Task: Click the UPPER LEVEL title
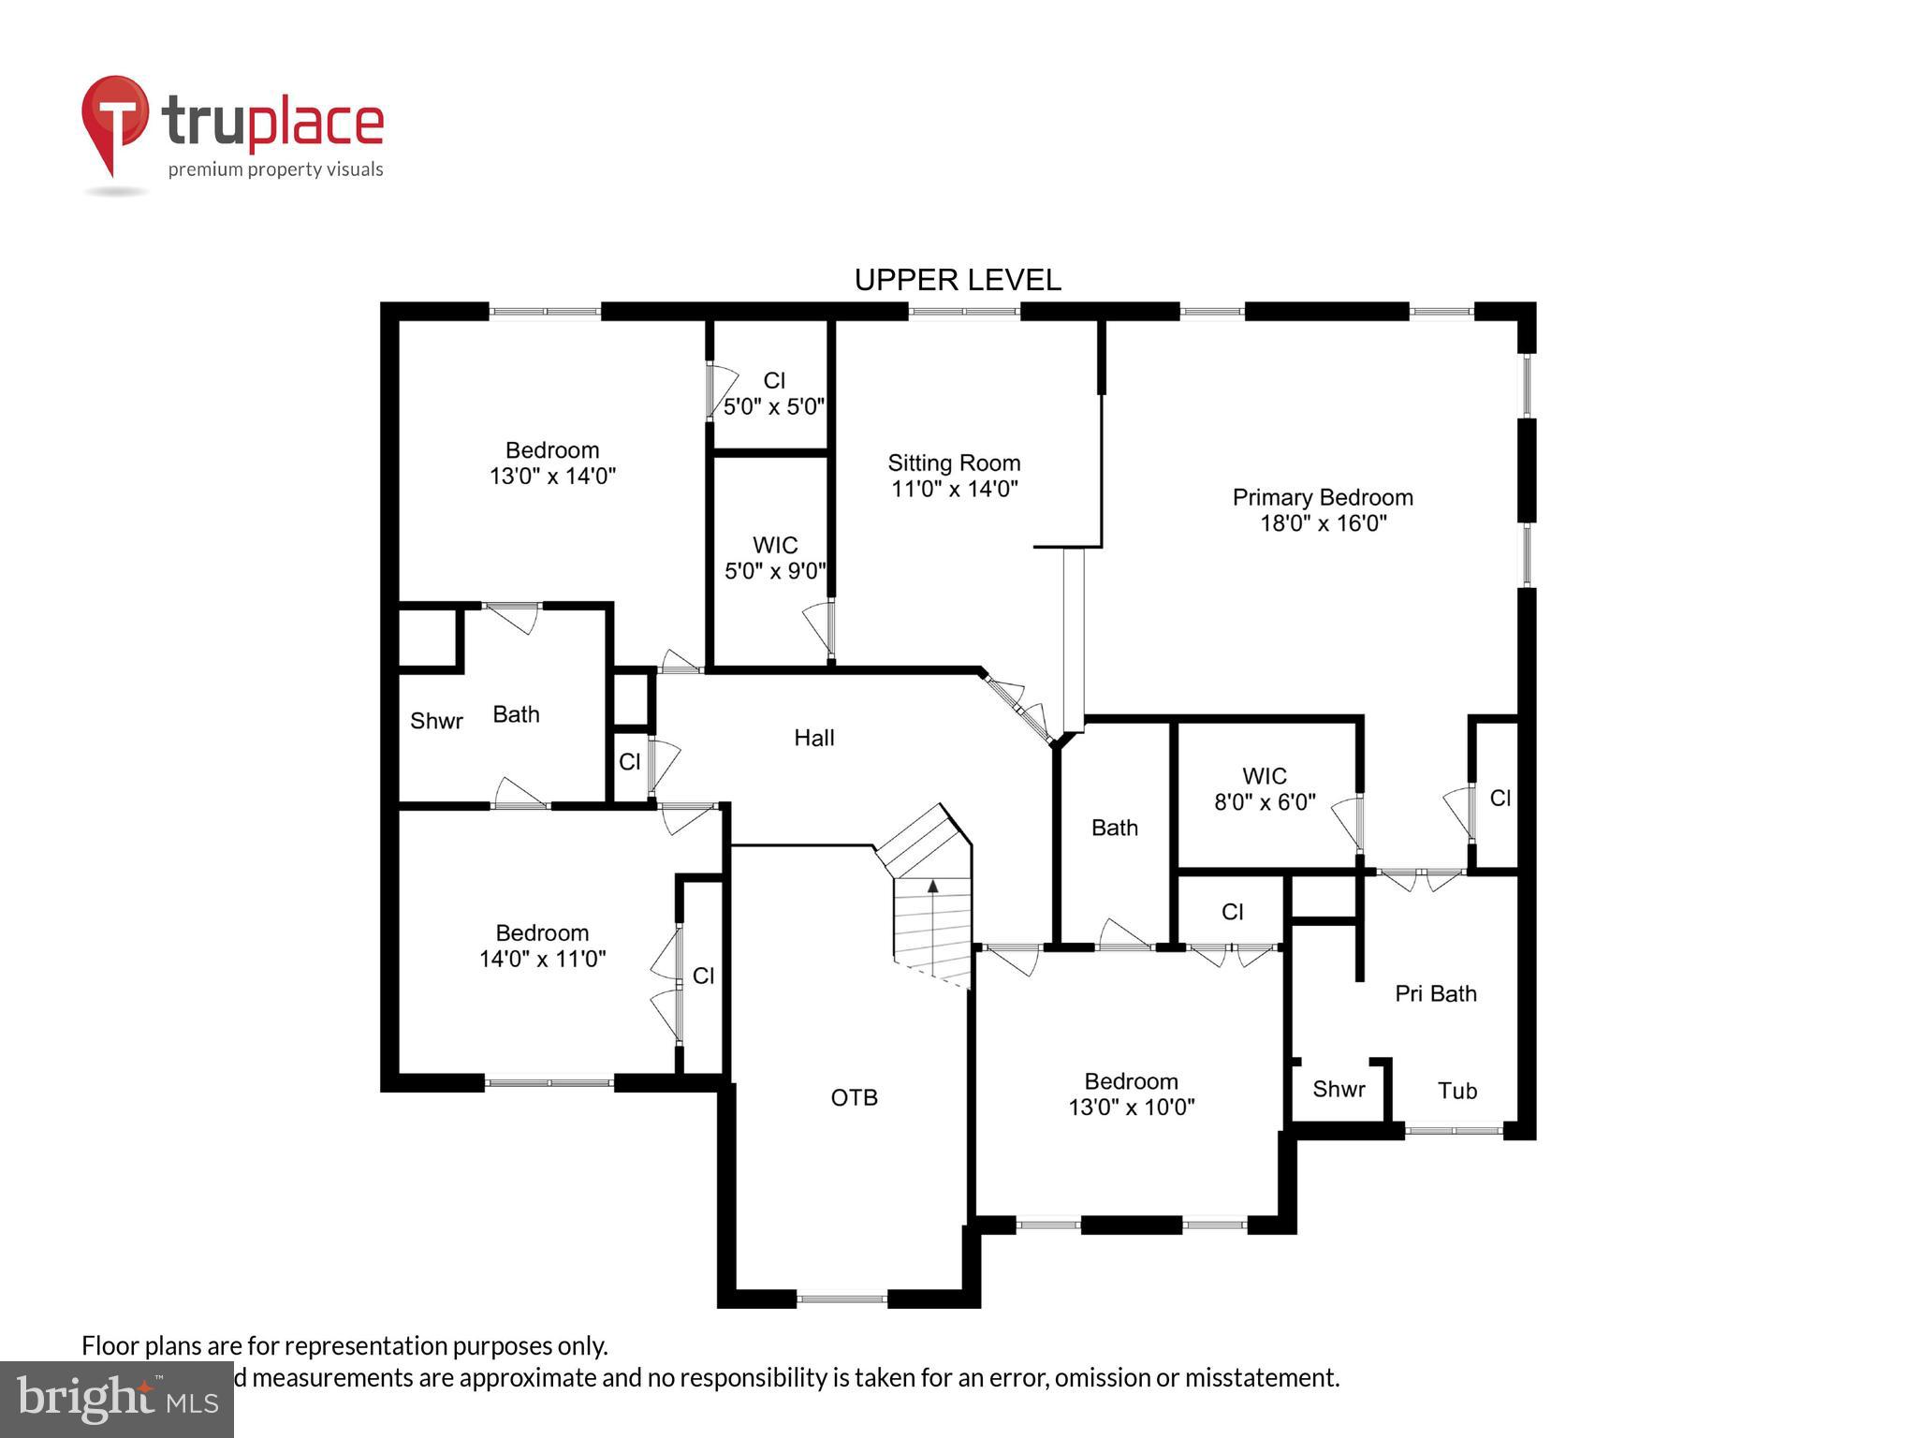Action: (x=958, y=280)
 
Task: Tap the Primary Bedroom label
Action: (x=1322, y=510)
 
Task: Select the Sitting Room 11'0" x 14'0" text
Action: (x=954, y=476)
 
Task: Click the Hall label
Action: (x=813, y=738)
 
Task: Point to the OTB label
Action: (x=854, y=1097)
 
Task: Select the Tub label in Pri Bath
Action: (x=1456, y=1091)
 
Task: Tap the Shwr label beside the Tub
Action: (x=1339, y=1089)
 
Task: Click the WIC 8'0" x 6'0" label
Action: (x=1265, y=789)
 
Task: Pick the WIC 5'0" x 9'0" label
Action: (x=775, y=558)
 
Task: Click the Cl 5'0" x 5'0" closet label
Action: (x=774, y=393)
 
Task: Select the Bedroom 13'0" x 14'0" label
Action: (x=552, y=462)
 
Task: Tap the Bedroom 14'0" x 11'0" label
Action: (x=542, y=946)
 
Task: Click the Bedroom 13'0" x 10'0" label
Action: (x=1131, y=1094)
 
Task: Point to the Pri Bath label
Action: (x=1435, y=993)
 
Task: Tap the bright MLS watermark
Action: (x=116, y=1399)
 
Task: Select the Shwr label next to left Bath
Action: (x=436, y=721)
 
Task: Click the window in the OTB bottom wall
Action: (x=841, y=1299)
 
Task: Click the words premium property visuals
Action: (x=275, y=169)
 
